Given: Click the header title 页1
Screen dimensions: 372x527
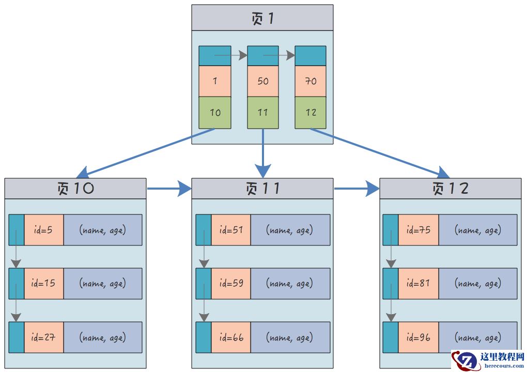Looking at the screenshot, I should [262, 19].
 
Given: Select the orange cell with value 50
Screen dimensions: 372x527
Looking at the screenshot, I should [263, 81].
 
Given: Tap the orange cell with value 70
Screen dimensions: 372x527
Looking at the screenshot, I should [311, 81].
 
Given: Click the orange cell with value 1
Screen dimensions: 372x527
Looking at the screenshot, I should [215, 81].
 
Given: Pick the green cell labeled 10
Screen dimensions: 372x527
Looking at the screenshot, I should [215, 113].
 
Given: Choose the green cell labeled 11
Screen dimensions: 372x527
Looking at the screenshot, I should [263, 113].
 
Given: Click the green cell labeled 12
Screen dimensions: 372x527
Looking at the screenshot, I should [311, 113].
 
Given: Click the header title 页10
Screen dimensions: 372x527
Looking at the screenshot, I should [75, 189].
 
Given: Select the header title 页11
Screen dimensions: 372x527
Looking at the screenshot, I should [262, 189].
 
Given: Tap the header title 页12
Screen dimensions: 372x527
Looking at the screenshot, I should [450, 189].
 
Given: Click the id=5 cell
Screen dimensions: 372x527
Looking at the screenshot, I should [44, 230].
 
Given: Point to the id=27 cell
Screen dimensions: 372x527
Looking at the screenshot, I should [44, 337].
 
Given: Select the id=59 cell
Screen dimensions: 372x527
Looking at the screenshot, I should [231, 284].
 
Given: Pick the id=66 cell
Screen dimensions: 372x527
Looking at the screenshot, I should [231, 337].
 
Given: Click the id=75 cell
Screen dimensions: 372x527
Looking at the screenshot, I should [418, 230].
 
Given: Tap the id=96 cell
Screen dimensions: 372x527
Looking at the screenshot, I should [418, 337].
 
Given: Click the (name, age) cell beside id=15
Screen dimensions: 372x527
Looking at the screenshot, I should [102, 284].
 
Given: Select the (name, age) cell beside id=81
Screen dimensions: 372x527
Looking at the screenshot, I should [477, 284].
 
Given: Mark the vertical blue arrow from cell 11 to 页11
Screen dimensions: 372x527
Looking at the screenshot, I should [263, 152].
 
